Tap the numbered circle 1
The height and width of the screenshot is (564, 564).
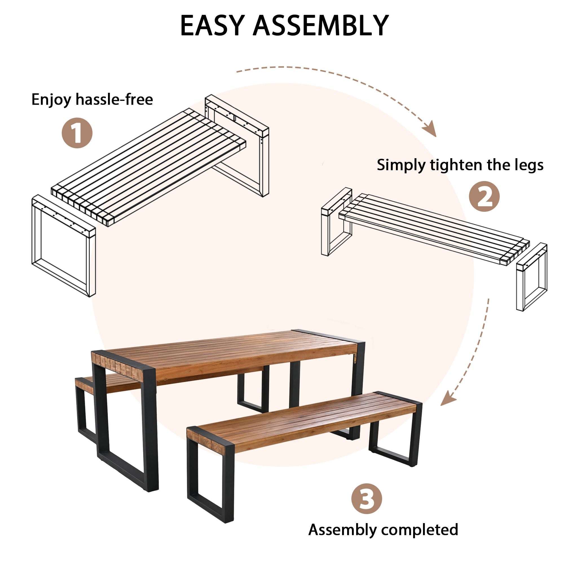click(77, 133)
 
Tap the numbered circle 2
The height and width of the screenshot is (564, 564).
click(484, 197)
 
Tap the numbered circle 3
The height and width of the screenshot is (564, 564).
click(367, 499)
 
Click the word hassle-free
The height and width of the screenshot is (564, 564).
click(114, 100)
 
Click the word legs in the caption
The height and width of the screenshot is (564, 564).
click(529, 166)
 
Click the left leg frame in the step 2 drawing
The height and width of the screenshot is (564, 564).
click(336, 222)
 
